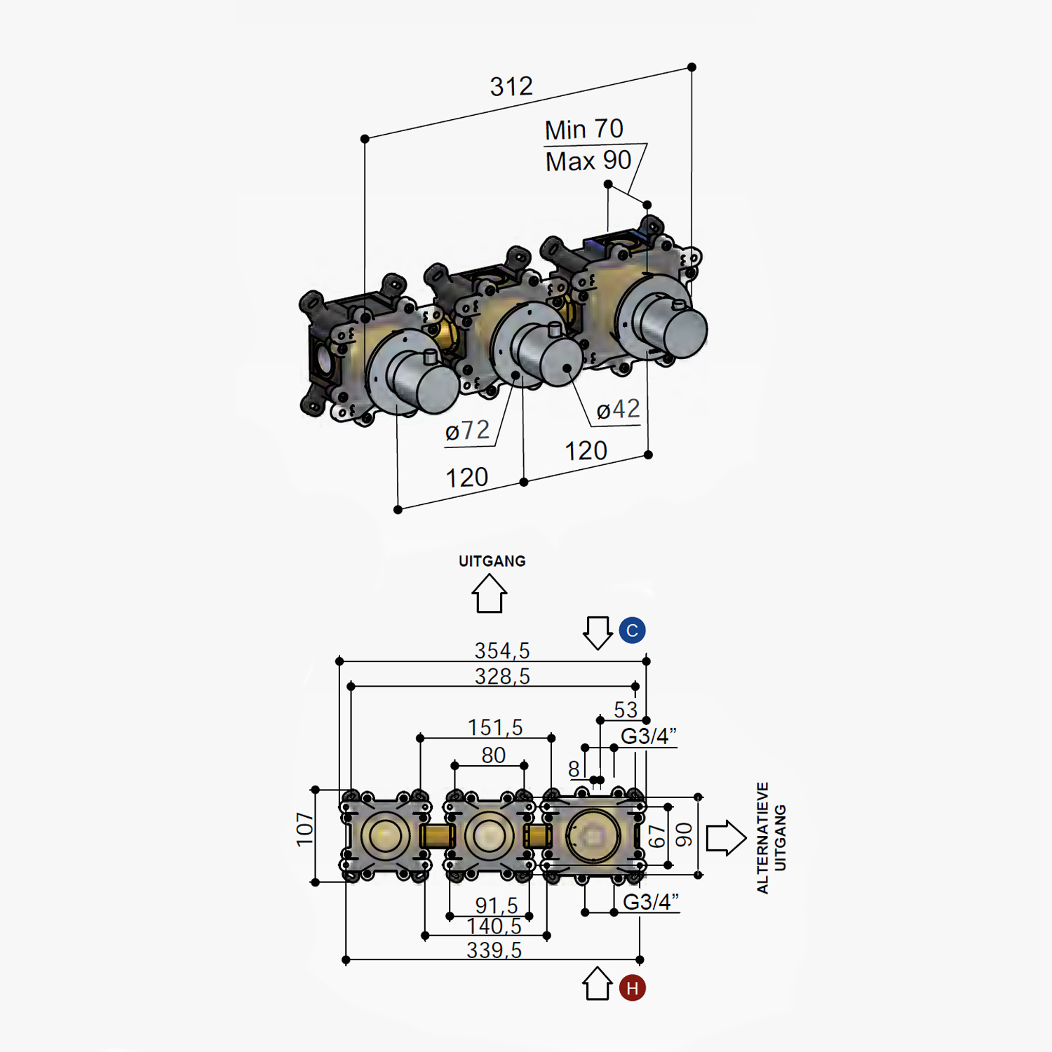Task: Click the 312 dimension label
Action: (511, 87)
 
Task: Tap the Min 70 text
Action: (584, 130)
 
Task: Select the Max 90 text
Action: (588, 161)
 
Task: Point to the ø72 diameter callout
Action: (467, 431)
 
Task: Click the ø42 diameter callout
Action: (618, 410)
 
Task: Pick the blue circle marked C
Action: (632, 630)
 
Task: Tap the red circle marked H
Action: (632, 988)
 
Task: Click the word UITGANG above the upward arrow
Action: (492, 561)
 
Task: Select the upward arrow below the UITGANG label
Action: (489, 593)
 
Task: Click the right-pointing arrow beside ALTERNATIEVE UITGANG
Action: (725, 837)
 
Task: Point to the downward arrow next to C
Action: (598, 633)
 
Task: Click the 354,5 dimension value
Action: (502, 651)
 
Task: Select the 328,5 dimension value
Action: (502, 677)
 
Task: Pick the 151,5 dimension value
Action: (495, 728)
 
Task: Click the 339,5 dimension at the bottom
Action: (494, 950)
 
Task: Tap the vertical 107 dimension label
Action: (304, 829)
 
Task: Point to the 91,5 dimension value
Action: (497, 905)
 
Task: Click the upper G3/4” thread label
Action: (648, 736)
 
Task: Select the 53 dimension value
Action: (626, 710)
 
